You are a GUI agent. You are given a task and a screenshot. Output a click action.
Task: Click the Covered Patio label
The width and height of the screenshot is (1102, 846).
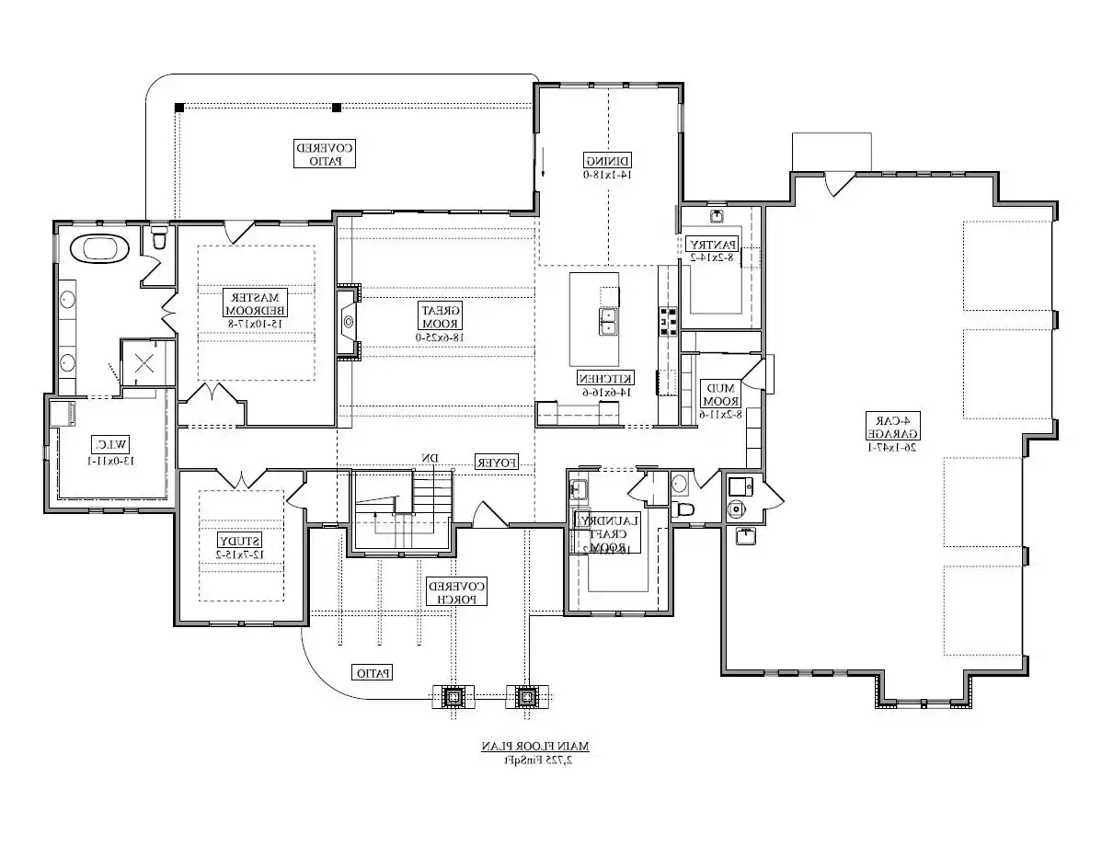click(325, 154)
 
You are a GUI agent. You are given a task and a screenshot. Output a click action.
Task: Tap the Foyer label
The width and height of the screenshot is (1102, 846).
click(497, 463)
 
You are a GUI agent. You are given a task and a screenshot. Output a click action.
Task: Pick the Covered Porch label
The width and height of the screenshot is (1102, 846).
click(455, 591)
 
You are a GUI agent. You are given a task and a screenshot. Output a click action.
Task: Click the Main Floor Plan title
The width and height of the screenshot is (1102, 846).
click(534, 746)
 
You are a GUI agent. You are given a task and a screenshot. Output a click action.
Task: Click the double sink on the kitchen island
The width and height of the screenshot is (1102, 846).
click(609, 321)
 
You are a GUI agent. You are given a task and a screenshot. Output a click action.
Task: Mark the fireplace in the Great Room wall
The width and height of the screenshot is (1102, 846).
click(349, 321)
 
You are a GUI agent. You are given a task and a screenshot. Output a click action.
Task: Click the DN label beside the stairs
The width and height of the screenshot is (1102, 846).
click(429, 458)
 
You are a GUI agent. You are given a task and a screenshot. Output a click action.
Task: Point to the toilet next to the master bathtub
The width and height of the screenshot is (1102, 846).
click(159, 238)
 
